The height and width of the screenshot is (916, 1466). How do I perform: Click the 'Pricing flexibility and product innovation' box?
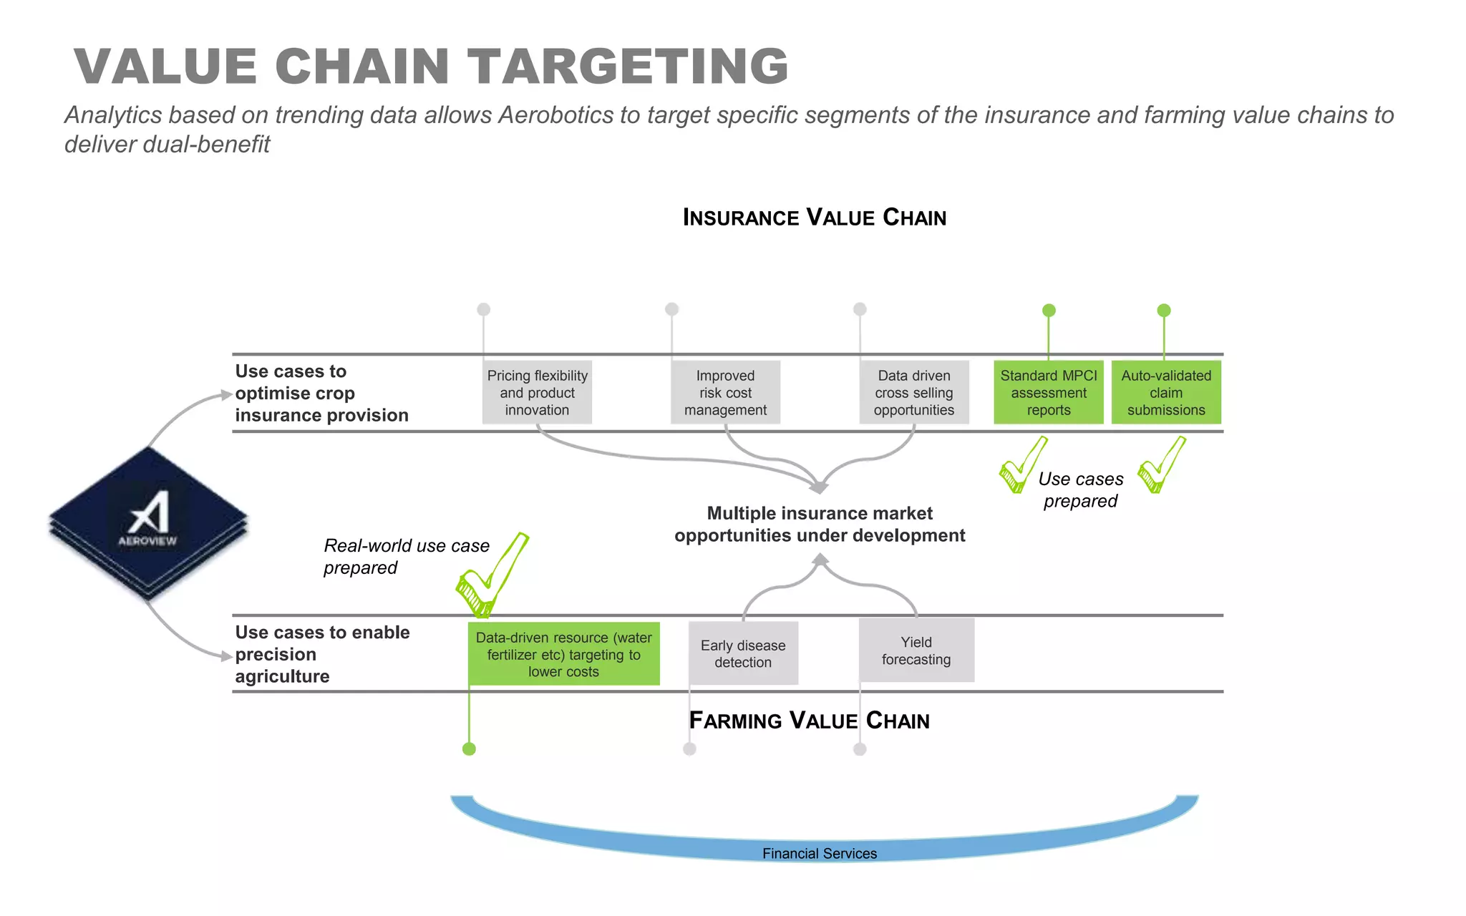pyautogui.click(x=537, y=392)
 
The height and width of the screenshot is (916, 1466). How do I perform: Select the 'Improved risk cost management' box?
pyautogui.click(x=725, y=392)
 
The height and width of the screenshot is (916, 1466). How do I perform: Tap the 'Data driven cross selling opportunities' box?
pyautogui.click(x=914, y=392)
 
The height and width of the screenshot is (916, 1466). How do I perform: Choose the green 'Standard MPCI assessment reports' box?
pyautogui.click(x=1049, y=392)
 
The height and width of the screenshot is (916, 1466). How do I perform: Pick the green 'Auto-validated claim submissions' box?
pyautogui.click(x=1166, y=392)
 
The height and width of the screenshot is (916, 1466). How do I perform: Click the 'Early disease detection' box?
pyautogui.click(x=743, y=653)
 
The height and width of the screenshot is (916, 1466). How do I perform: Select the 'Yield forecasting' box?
pyautogui.click(x=916, y=651)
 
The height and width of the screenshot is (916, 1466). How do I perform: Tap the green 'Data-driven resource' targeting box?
pyautogui.click(x=564, y=654)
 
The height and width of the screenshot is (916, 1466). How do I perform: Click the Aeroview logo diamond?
pyautogui.click(x=148, y=522)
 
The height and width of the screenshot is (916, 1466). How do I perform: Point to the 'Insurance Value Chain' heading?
pyautogui.click(x=814, y=218)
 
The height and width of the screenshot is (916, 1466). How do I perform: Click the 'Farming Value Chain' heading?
pyautogui.click(x=809, y=721)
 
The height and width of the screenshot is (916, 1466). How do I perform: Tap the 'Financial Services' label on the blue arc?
pyautogui.click(x=820, y=853)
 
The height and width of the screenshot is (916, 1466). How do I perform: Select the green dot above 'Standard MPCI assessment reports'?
pyautogui.click(x=1049, y=311)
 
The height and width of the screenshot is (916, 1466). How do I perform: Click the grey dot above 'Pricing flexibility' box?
pyautogui.click(x=484, y=309)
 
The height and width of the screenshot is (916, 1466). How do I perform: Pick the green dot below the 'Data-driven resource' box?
pyautogui.click(x=469, y=749)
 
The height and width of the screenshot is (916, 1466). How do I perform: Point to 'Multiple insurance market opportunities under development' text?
pyautogui.click(x=820, y=525)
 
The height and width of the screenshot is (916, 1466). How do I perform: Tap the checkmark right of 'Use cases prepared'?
pyautogui.click(x=1160, y=467)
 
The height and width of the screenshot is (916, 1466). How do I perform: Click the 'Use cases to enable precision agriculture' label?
pyautogui.click(x=322, y=654)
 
